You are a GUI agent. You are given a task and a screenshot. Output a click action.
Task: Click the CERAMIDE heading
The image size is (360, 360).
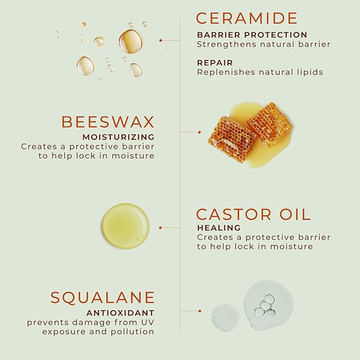point(247,18)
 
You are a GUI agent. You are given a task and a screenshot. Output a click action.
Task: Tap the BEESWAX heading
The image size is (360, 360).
point(108,121)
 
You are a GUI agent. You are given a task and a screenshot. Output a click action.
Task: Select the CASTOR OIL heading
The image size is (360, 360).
point(253,214)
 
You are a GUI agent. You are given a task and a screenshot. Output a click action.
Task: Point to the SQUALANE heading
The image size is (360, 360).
point(102,297)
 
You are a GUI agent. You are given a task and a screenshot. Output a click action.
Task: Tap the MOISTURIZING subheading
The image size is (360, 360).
point(118,137)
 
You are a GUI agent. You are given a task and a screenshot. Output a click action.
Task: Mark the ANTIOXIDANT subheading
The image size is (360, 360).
point(120,313)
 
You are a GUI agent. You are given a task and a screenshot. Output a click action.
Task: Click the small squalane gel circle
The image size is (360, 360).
point(226,317)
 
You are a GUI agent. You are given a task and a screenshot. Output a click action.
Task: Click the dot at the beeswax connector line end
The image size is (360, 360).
point(199,132)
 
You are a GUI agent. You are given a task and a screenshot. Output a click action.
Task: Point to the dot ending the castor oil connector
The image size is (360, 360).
point(161,227)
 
